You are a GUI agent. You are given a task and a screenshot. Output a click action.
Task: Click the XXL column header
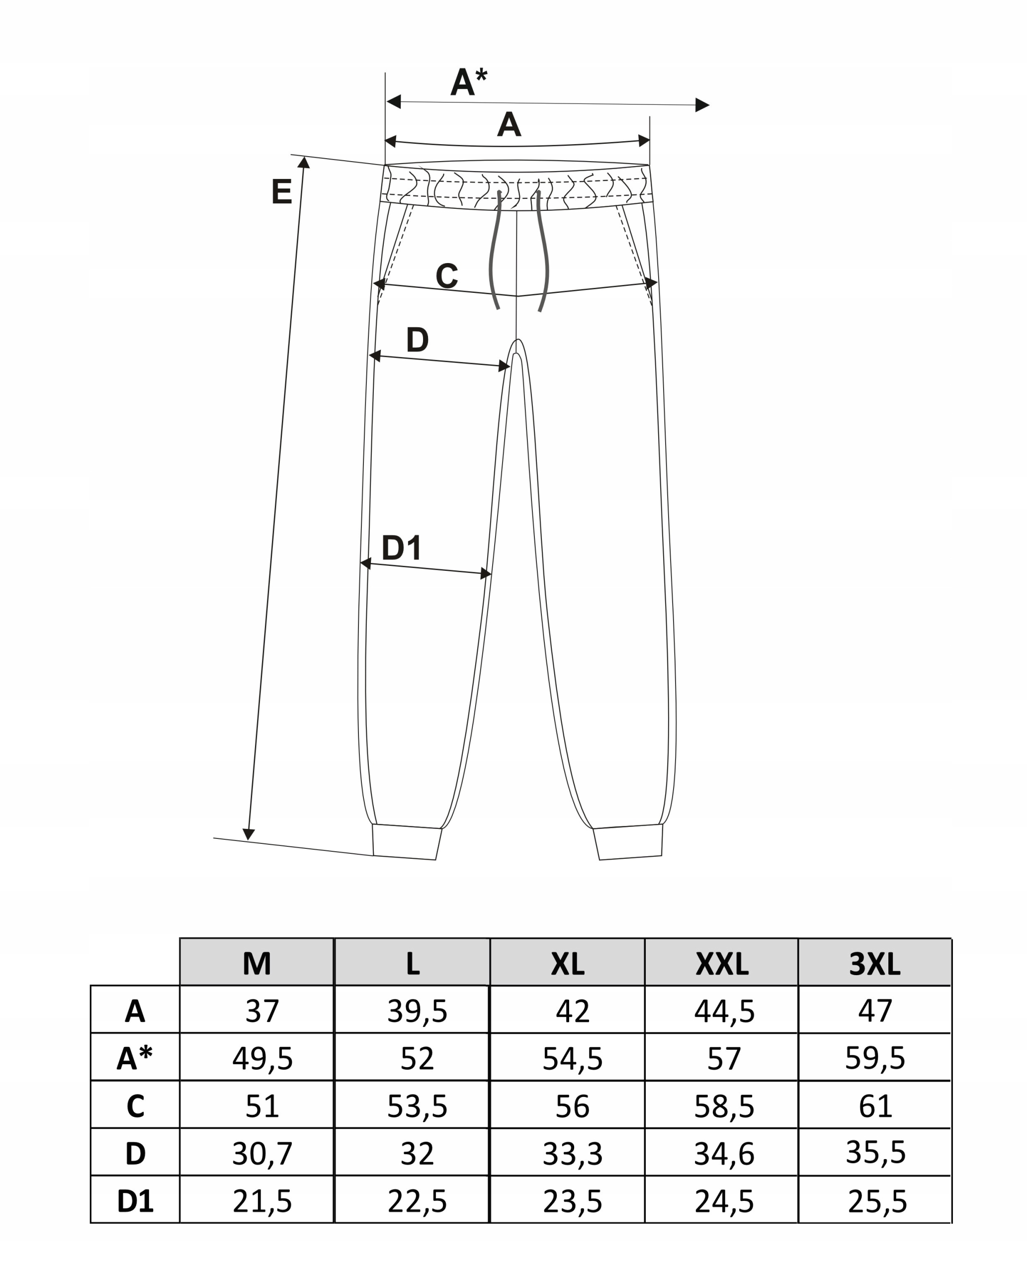722,964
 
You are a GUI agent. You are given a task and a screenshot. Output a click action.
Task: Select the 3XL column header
874,964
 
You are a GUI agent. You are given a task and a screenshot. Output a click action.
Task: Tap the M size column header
257,964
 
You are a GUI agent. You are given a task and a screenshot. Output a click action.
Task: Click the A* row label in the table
135,1058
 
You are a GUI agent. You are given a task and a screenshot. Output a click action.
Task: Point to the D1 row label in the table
135,1201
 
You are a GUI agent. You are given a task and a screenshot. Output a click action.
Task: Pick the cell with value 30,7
262,1154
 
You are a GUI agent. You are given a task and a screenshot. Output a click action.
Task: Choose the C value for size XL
572,1106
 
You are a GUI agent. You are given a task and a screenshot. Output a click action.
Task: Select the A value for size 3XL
875,1011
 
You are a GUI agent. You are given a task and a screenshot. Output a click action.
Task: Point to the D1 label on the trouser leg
402,547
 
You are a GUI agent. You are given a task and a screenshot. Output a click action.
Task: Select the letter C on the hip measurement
447,276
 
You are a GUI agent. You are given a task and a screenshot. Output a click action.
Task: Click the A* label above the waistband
469,82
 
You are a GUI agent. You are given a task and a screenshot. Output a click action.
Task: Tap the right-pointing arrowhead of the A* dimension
702,105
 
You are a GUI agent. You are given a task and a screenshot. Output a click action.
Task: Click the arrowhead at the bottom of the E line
249,834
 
